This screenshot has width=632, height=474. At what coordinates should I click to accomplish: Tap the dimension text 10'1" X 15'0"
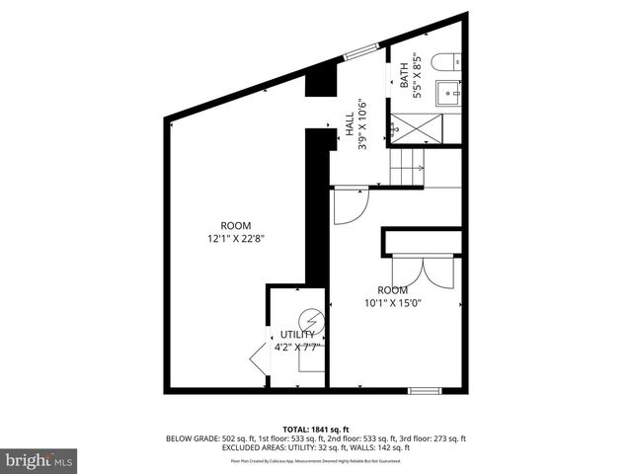[392, 304]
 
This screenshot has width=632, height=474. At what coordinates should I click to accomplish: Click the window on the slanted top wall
[359, 53]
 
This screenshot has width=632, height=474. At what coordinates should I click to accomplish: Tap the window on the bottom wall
[424, 390]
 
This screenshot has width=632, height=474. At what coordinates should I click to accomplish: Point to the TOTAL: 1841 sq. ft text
[316, 430]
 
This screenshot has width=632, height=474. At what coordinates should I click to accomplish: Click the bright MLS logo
[39, 459]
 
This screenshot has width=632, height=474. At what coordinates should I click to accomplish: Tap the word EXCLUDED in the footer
[251, 448]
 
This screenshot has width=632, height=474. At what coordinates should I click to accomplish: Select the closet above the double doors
[423, 242]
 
